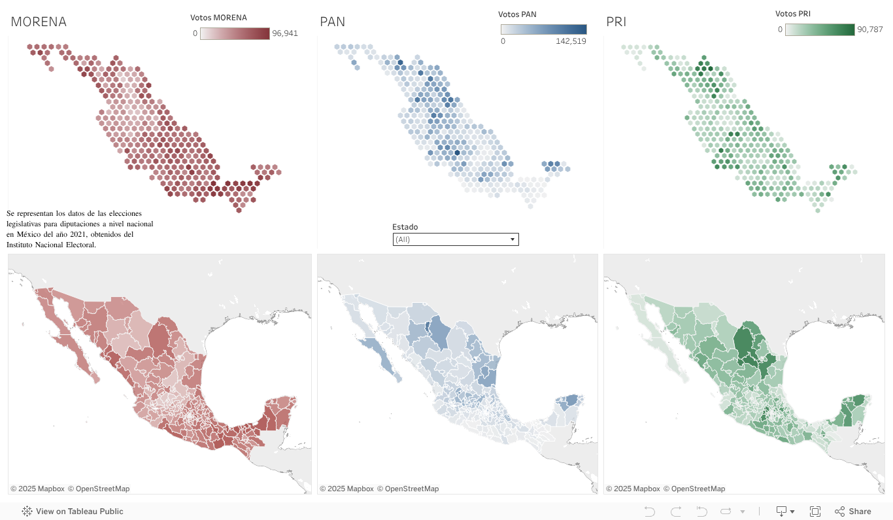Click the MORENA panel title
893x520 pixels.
point(39,22)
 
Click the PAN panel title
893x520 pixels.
point(332,22)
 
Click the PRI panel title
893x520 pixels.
point(616,22)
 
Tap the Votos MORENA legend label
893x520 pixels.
point(218,18)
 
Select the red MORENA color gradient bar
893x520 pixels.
point(235,33)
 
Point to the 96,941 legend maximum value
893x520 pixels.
point(284,33)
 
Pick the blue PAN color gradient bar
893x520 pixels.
point(543,29)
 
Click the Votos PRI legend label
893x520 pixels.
point(792,14)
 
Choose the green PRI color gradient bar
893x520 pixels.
point(820,29)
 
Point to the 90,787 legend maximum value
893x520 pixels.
point(869,29)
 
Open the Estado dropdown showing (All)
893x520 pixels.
point(455,239)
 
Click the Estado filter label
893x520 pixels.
point(405,227)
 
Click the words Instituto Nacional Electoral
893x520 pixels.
point(51,245)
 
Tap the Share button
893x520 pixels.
point(853,511)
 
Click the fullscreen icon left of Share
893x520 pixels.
point(815,511)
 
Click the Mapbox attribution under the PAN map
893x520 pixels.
point(346,489)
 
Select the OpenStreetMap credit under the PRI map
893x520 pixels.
point(694,489)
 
